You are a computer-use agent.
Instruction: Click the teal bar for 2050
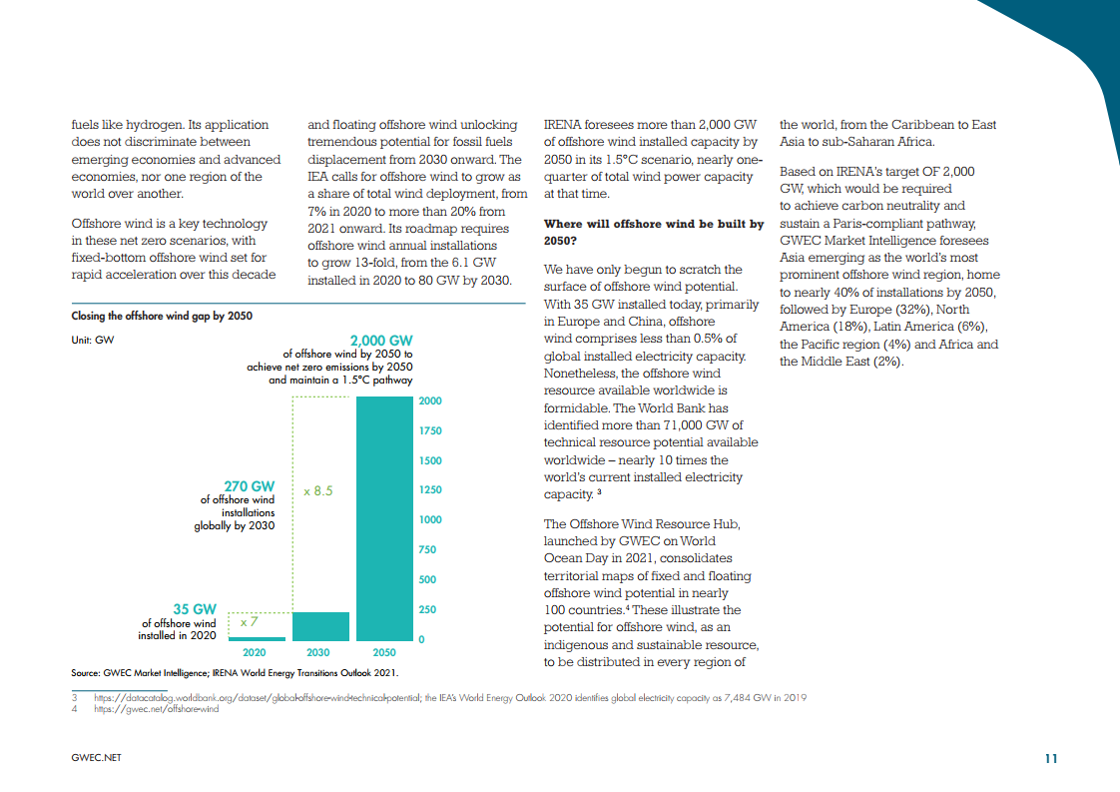pyautogui.click(x=384, y=519)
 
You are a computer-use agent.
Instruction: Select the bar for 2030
pyautogui.click(x=319, y=626)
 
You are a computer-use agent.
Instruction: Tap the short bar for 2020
pyautogui.click(x=257, y=638)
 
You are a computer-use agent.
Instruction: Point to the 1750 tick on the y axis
pyautogui.click(x=430, y=430)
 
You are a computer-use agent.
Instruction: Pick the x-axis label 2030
pyautogui.click(x=317, y=652)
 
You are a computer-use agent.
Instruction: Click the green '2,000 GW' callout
pyautogui.click(x=380, y=341)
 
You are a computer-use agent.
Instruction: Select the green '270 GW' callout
pyautogui.click(x=249, y=486)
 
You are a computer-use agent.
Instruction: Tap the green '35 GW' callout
pyautogui.click(x=195, y=608)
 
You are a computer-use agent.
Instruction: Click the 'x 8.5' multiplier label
pyautogui.click(x=317, y=491)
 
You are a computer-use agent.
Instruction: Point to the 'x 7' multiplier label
pyautogui.click(x=250, y=622)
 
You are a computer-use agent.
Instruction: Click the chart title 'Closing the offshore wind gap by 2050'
pyautogui.click(x=162, y=316)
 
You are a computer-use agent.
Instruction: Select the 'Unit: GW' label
pyautogui.click(x=92, y=340)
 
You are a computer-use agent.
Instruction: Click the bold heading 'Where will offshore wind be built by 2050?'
pyautogui.click(x=653, y=233)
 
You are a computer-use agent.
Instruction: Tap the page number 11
pyautogui.click(x=1050, y=759)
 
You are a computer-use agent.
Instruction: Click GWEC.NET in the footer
pyautogui.click(x=97, y=759)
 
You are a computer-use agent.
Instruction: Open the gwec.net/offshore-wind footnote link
pyautogui.click(x=156, y=709)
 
